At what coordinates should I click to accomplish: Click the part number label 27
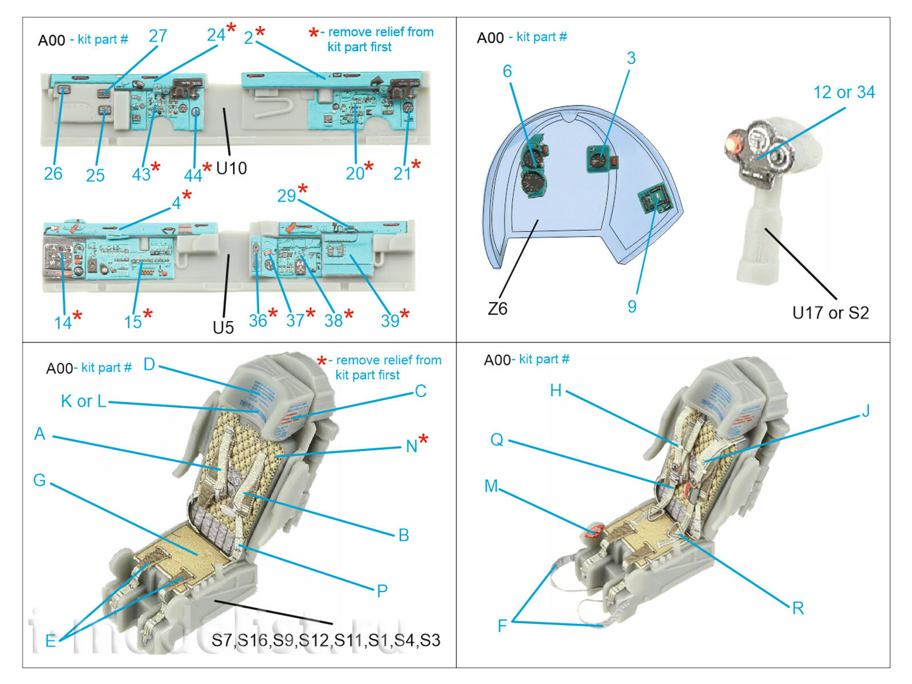coord(158,36)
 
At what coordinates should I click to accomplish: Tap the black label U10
coord(231,168)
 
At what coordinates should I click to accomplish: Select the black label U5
coord(223,327)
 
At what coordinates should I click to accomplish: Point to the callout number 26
coord(53,174)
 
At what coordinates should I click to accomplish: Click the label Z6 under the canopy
coord(497,309)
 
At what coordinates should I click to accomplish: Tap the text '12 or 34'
coord(844,92)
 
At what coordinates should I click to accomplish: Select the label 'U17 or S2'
coord(830,313)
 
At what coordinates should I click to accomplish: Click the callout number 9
coord(632,307)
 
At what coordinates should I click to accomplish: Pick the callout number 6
coord(507,71)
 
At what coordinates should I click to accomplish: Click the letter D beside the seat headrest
coord(149,365)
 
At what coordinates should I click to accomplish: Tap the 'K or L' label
coord(83,401)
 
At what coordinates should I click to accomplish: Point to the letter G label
coord(39,480)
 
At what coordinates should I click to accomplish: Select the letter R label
coord(798,608)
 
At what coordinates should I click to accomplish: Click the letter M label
coord(491,486)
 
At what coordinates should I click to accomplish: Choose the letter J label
coord(866,411)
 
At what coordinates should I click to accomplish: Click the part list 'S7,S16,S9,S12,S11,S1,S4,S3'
coord(325,641)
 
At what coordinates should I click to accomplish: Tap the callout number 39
coord(390,321)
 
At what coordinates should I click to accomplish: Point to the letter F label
coord(502,626)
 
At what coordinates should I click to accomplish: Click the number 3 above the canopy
coord(631,58)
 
